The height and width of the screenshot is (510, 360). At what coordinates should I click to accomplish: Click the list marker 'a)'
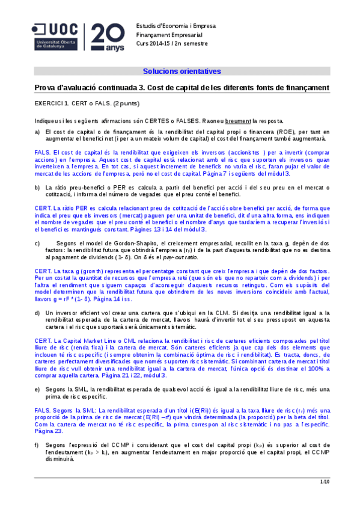pos(37,131)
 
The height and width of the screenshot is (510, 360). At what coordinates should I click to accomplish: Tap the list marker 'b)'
pos(37,187)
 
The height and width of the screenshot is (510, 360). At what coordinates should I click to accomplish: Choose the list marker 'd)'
pos(37,296)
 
